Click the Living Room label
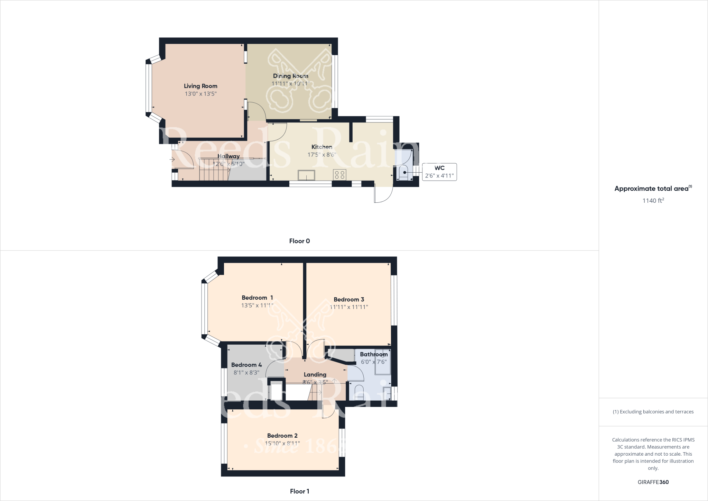201,86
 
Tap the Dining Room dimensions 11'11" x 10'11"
290,84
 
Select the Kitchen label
322,147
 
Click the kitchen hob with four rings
339,175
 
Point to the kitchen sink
307,175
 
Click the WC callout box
439,172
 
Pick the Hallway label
229,156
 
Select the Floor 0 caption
299,241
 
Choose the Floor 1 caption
299,491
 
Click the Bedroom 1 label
257,298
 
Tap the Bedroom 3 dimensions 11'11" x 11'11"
349,307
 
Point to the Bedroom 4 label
246,365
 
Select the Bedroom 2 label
282,436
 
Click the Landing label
315,374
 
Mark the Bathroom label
374,354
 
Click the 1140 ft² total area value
653,201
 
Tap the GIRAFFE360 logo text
653,482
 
